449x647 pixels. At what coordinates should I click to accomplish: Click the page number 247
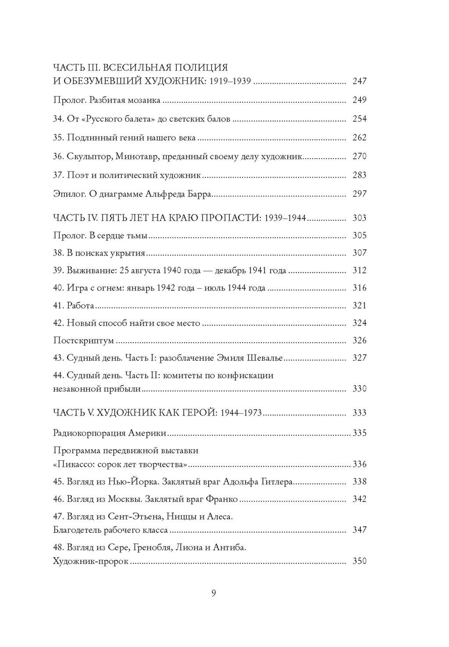click(359, 81)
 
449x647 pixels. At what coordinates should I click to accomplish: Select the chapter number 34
click(58, 119)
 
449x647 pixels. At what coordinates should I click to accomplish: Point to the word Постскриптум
click(83, 341)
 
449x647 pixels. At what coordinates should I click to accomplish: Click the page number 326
click(359, 341)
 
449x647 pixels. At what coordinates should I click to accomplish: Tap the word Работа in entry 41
click(80, 306)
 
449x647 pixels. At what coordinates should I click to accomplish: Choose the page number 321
click(359, 306)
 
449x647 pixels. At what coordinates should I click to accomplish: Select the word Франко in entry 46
click(220, 499)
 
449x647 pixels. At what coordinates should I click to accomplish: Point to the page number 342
click(359, 499)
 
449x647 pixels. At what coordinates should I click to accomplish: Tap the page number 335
click(359, 433)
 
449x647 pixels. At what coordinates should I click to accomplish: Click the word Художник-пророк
click(90, 561)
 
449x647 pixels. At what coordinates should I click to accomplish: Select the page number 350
click(359, 561)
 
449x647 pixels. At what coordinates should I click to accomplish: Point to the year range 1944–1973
click(241, 413)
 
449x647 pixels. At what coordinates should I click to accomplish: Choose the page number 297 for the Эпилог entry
click(359, 194)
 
